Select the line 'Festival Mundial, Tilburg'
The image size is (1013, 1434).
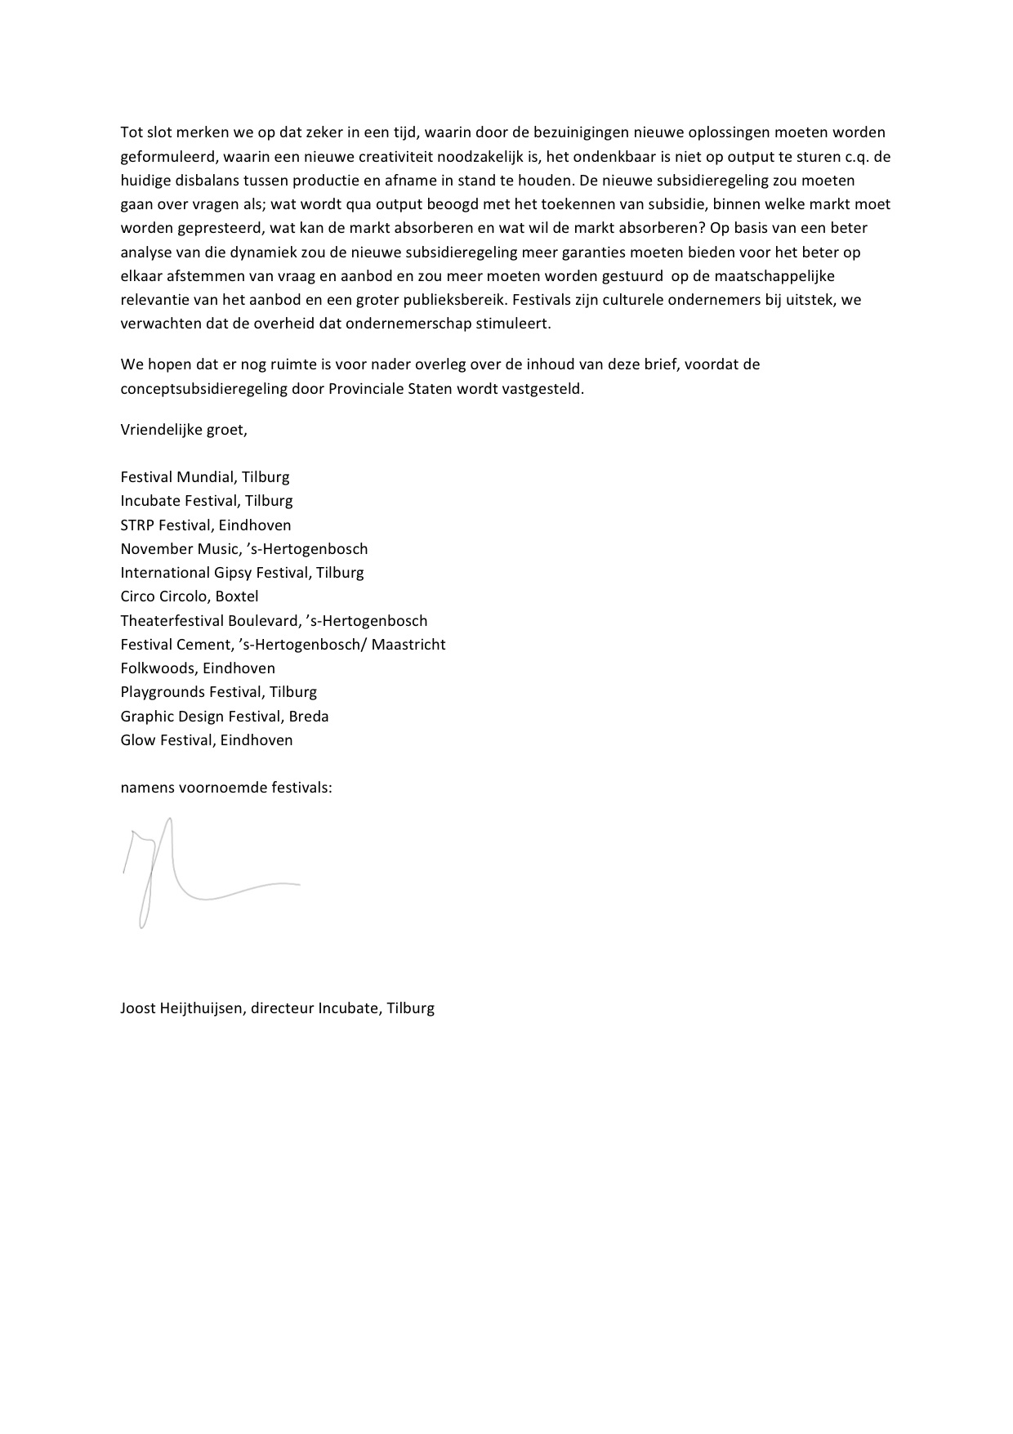point(205,477)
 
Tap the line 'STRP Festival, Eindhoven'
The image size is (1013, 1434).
point(206,525)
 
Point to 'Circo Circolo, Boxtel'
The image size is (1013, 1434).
point(190,596)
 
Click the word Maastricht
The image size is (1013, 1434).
point(408,645)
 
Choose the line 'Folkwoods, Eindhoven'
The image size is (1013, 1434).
point(198,668)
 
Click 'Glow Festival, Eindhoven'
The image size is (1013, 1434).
point(207,740)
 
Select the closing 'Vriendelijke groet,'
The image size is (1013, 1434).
point(184,429)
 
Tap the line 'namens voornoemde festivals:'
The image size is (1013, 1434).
point(226,788)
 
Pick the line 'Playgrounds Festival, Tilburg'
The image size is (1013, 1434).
point(218,692)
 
